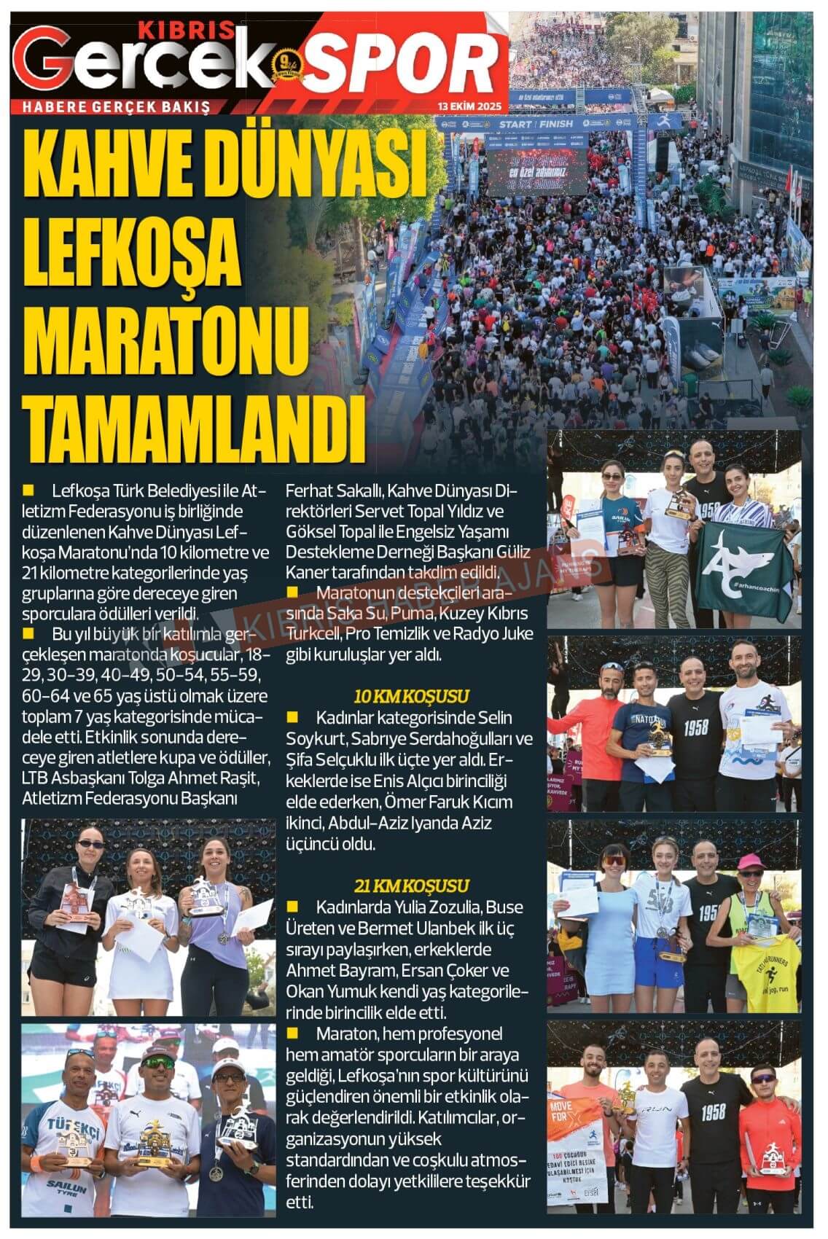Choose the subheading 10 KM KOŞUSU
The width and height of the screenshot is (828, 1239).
[411, 695]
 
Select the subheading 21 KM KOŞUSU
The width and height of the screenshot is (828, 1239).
[411, 886]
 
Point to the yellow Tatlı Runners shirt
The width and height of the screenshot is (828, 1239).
[765, 972]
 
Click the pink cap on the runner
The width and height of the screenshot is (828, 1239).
[751, 861]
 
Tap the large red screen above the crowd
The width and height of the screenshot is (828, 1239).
[537, 170]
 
